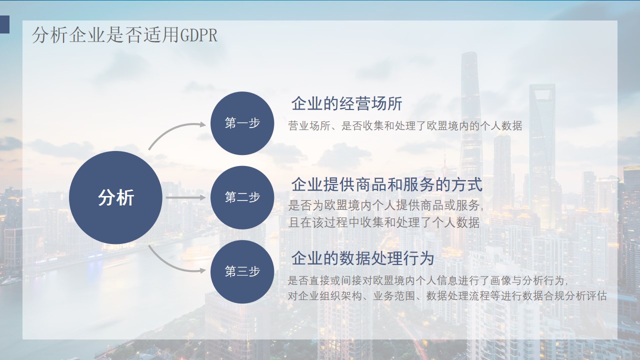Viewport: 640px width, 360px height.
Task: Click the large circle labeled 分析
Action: (115, 197)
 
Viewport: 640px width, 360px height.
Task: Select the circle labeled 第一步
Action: (242, 123)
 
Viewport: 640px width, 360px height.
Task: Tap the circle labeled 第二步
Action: (242, 197)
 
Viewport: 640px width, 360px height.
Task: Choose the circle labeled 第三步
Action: (242, 271)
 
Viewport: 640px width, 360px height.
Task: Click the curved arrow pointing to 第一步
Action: (171, 130)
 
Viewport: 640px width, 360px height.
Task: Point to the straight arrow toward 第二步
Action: (185, 197)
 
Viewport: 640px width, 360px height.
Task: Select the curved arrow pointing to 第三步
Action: (171, 264)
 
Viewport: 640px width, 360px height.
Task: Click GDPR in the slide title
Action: (199, 35)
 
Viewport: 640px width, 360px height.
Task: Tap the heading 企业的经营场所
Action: (347, 103)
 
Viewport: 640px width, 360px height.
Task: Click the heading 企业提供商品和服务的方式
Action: (387, 184)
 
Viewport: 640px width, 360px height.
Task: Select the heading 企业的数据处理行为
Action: (362, 258)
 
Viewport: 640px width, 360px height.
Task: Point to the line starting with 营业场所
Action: (405, 125)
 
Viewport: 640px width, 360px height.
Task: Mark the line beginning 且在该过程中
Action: (383, 222)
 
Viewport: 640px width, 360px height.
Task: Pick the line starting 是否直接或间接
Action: (427, 280)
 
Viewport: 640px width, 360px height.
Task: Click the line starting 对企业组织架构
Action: (447, 295)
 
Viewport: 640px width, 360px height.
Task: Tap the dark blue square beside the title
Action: (4, 24)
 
